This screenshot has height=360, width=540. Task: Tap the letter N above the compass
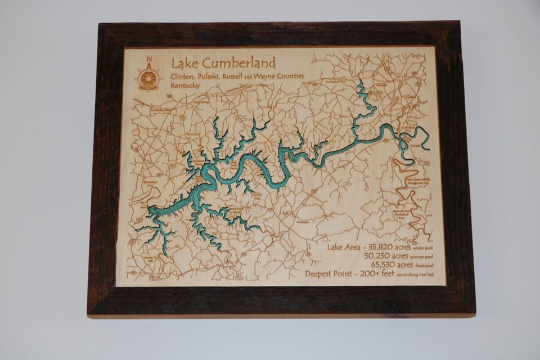click(x=148, y=59)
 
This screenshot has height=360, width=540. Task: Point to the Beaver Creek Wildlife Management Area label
click(x=418, y=181)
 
